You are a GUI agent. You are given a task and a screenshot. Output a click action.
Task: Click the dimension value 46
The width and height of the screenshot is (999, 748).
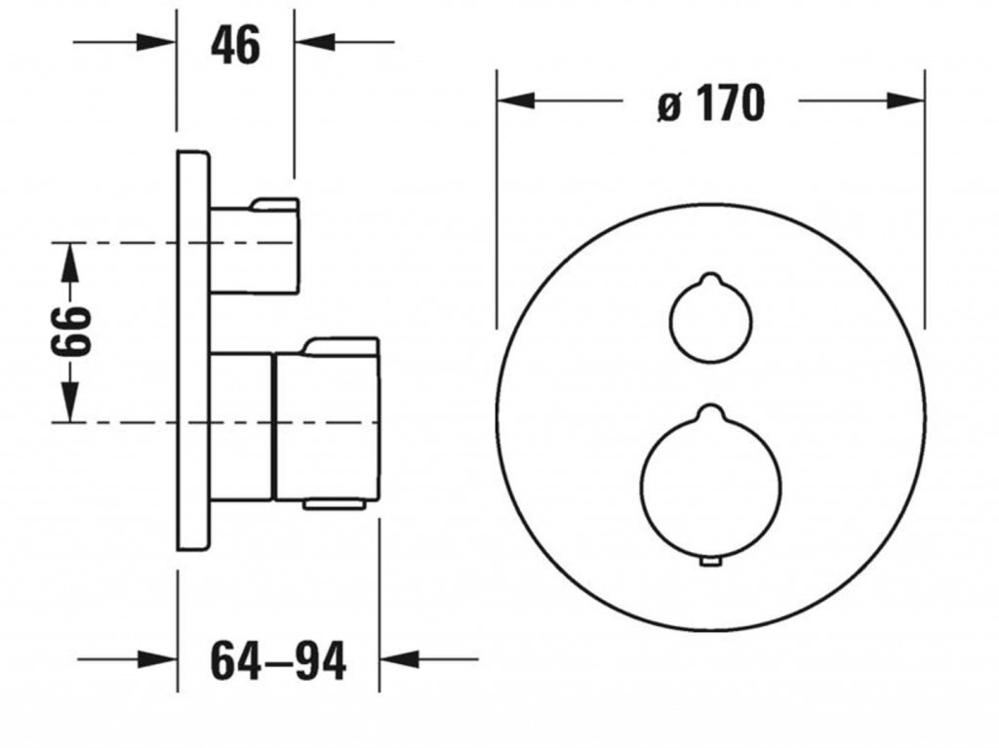point(235,45)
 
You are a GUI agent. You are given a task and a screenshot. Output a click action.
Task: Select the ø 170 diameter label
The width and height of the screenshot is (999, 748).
point(710,102)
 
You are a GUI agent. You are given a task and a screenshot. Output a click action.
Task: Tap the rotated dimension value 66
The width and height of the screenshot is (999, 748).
point(71,332)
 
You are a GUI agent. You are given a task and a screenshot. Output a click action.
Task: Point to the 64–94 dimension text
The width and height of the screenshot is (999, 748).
point(278,660)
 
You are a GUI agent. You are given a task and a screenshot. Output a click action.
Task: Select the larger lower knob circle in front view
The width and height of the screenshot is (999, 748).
point(640,485)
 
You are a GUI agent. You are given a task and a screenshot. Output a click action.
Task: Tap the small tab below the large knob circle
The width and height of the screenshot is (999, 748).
point(710,562)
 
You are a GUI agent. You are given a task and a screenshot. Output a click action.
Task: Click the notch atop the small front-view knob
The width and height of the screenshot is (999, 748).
point(710,279)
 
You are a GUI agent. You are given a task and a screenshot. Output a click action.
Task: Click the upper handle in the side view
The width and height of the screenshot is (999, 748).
point(255,247)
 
